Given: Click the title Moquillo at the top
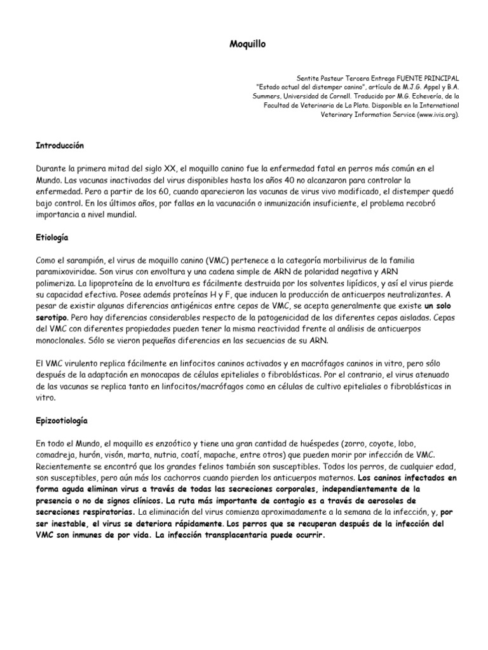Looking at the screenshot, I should pos(244,45).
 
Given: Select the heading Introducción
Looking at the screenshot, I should pos(60,145).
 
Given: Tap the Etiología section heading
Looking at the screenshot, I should pos(52,237).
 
